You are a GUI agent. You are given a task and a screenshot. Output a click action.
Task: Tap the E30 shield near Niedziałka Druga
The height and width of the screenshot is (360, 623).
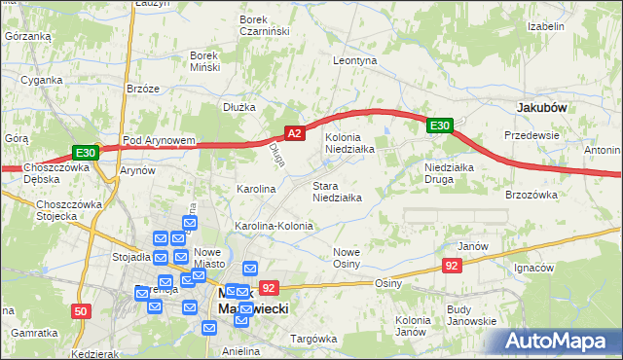pos(440,126)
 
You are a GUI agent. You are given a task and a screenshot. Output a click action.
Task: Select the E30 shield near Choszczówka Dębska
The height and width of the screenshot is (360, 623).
pos(85,153)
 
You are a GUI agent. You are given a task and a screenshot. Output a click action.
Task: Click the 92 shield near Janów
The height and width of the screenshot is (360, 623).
pos(451,266)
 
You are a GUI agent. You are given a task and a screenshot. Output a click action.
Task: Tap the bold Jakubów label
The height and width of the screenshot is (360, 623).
pos(542,107)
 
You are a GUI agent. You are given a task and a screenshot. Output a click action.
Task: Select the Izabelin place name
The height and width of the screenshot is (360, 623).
pos(545,26)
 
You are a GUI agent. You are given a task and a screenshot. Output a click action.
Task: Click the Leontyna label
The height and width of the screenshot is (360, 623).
pos(354,60)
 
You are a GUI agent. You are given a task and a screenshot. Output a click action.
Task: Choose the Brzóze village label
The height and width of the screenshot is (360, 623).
pos(142,88)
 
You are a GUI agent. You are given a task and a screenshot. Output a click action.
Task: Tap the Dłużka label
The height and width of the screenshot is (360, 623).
pos(238,107)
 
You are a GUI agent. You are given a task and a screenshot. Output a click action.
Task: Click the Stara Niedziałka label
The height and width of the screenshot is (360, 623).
pos(337,191)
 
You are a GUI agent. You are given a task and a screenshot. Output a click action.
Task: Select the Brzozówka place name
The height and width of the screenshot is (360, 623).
pos(531,195)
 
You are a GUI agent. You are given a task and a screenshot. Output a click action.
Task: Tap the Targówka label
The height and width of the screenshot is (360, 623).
pos(311,339)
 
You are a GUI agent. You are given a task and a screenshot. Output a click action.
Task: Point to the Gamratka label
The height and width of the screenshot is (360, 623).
pos(32,333)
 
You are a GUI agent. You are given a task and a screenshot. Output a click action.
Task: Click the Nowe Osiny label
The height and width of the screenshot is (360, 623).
pos(347,258)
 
